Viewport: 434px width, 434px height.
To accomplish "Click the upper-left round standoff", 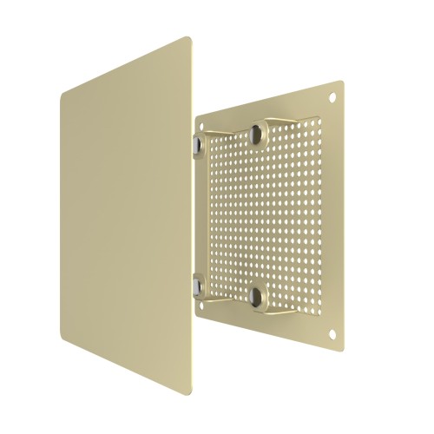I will [x=197, y=140].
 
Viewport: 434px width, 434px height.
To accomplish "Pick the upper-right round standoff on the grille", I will [x=256, y=134].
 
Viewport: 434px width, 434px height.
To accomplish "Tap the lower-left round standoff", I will [x=197, y=283].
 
